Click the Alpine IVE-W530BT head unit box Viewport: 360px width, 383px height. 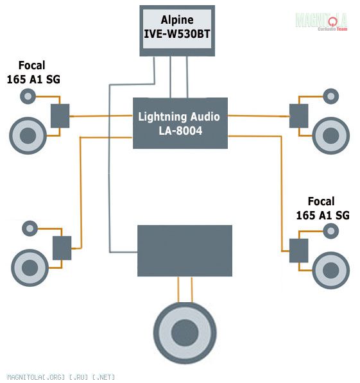pyautogui.click(x=177, y=31)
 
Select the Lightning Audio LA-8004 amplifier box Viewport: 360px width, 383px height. pyautogui.click(x=180, y=123)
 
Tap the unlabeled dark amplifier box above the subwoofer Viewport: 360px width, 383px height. pyautogui.click(x=185, y=251)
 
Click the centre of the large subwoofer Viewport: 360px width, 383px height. pyautogui.click(x=185, y=332)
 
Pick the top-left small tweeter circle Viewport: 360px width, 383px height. pyautogui.click(x=28, y=96)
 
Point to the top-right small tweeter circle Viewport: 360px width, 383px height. pyautogui.click(x=331, y=96)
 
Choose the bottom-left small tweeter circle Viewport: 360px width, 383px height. pyautogui.click(x=30, y=228)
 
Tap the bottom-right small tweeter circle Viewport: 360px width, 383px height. pyautogui.click(x=331, y=231)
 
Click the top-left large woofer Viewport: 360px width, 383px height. pyautogui.click(x=28, y=135)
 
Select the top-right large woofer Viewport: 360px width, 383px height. pyautogui.click(x=331, y=135)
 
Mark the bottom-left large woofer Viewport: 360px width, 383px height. pyautogui.click(x=30, y=268)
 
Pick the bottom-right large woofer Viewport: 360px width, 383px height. pyautogui.click(x=331, y=270)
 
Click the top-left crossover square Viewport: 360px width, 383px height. pyautogui.click(x=60, y=115)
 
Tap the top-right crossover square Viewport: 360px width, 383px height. pyautogui.click(x=298, y=115)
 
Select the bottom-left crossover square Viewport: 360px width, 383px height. pyautogui.click(x=62, y=248)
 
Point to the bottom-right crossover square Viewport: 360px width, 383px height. pyautogui.click(x=298, y=251)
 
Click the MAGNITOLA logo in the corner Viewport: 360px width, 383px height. pyautogui.click(x=321, y=22)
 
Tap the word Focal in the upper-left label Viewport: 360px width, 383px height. pyautogui.click(x=32, y=65)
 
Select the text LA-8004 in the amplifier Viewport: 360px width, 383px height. pyautogui.click(x=180, y=131)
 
